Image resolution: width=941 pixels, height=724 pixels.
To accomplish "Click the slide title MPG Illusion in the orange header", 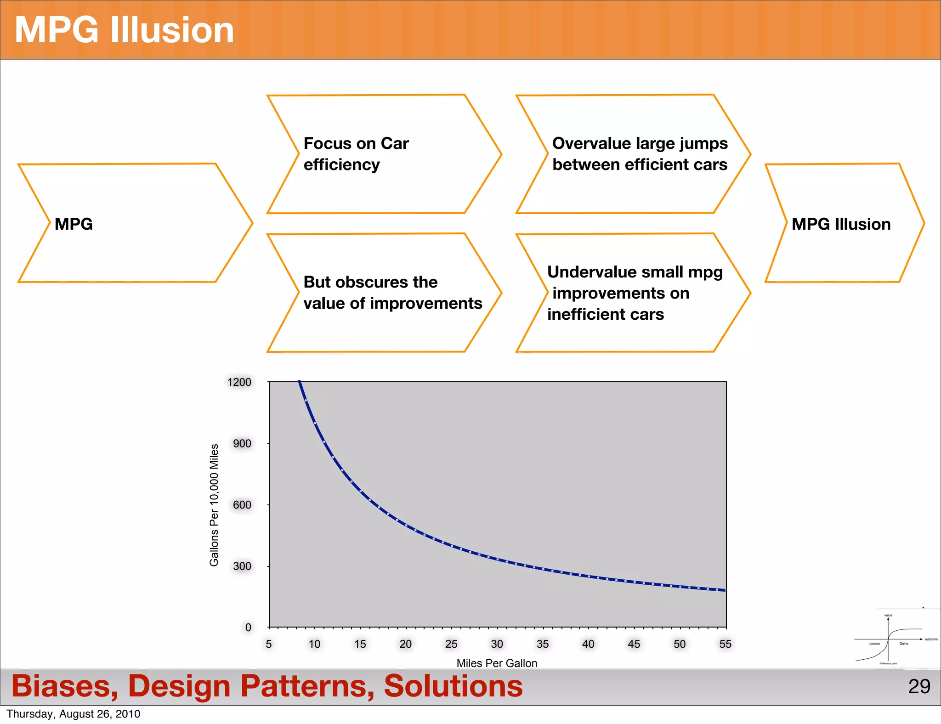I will point(124,30).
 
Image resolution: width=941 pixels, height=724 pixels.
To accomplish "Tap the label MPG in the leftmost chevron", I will point(74,224).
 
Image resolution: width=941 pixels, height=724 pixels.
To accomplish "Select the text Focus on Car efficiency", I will point(356,154).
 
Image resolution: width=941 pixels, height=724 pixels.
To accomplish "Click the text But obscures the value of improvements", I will point(392,293).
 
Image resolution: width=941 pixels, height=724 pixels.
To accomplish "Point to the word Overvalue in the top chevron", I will point(585,143).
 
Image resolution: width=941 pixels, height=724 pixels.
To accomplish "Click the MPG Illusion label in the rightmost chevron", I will point(841,224).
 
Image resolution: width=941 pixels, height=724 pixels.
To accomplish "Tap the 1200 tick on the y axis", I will point(239,382).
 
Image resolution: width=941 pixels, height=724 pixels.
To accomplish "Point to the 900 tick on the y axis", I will point(242,443).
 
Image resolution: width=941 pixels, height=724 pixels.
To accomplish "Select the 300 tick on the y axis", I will point(242,566).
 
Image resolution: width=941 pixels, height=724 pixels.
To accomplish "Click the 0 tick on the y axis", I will point(248,628).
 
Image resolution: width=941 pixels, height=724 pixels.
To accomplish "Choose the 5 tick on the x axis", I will point(269,644).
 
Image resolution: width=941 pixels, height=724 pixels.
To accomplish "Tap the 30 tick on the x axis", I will point(497,644).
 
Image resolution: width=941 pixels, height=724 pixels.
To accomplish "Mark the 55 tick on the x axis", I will point(725,644).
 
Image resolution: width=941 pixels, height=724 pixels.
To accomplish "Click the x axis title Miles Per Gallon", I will point(497,663).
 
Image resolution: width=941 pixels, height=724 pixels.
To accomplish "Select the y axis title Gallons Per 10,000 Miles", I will point(214,505).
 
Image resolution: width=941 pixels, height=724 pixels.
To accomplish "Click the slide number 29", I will point(919,686).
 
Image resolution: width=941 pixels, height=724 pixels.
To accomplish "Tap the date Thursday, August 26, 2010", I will point(74,714).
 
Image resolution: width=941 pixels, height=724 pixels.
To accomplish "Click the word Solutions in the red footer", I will point(453,686).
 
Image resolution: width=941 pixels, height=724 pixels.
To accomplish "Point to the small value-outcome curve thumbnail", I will point(894,639).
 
